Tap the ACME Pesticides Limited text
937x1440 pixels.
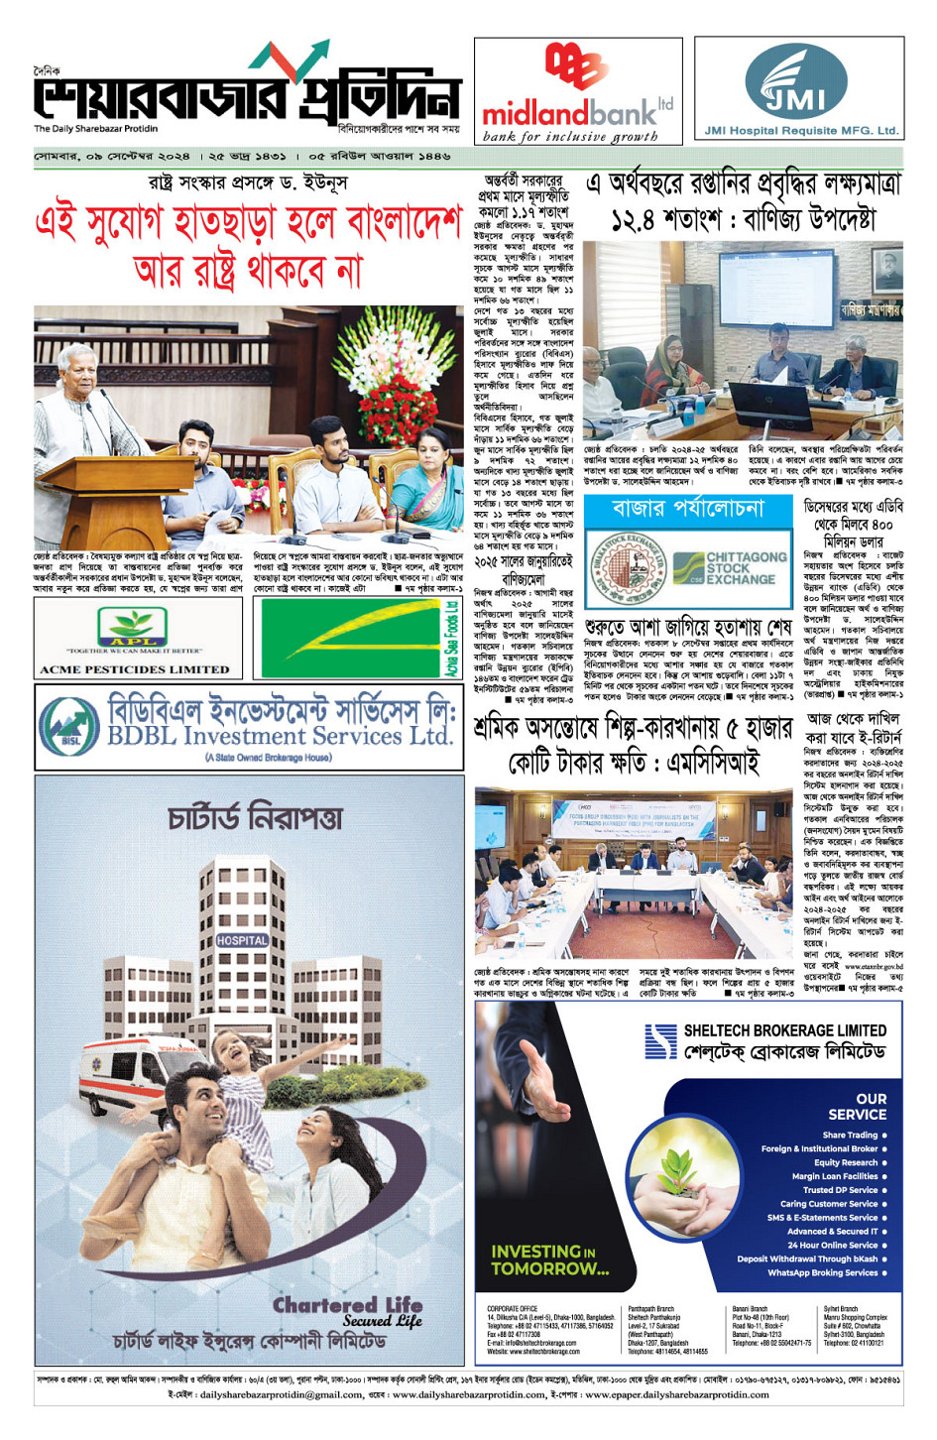[x=134, y=669]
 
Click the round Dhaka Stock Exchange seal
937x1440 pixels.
[x=626, y=568]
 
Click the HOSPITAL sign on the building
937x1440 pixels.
[x=241, y=939]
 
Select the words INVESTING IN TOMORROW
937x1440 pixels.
[x=549, y=1260]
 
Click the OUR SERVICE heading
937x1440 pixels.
[x=860, y=1106]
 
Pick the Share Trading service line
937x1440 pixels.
[x=850, y=1135]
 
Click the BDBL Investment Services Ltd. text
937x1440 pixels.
[x=280, y=736]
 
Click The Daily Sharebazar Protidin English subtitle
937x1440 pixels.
[x=96, y=129]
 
